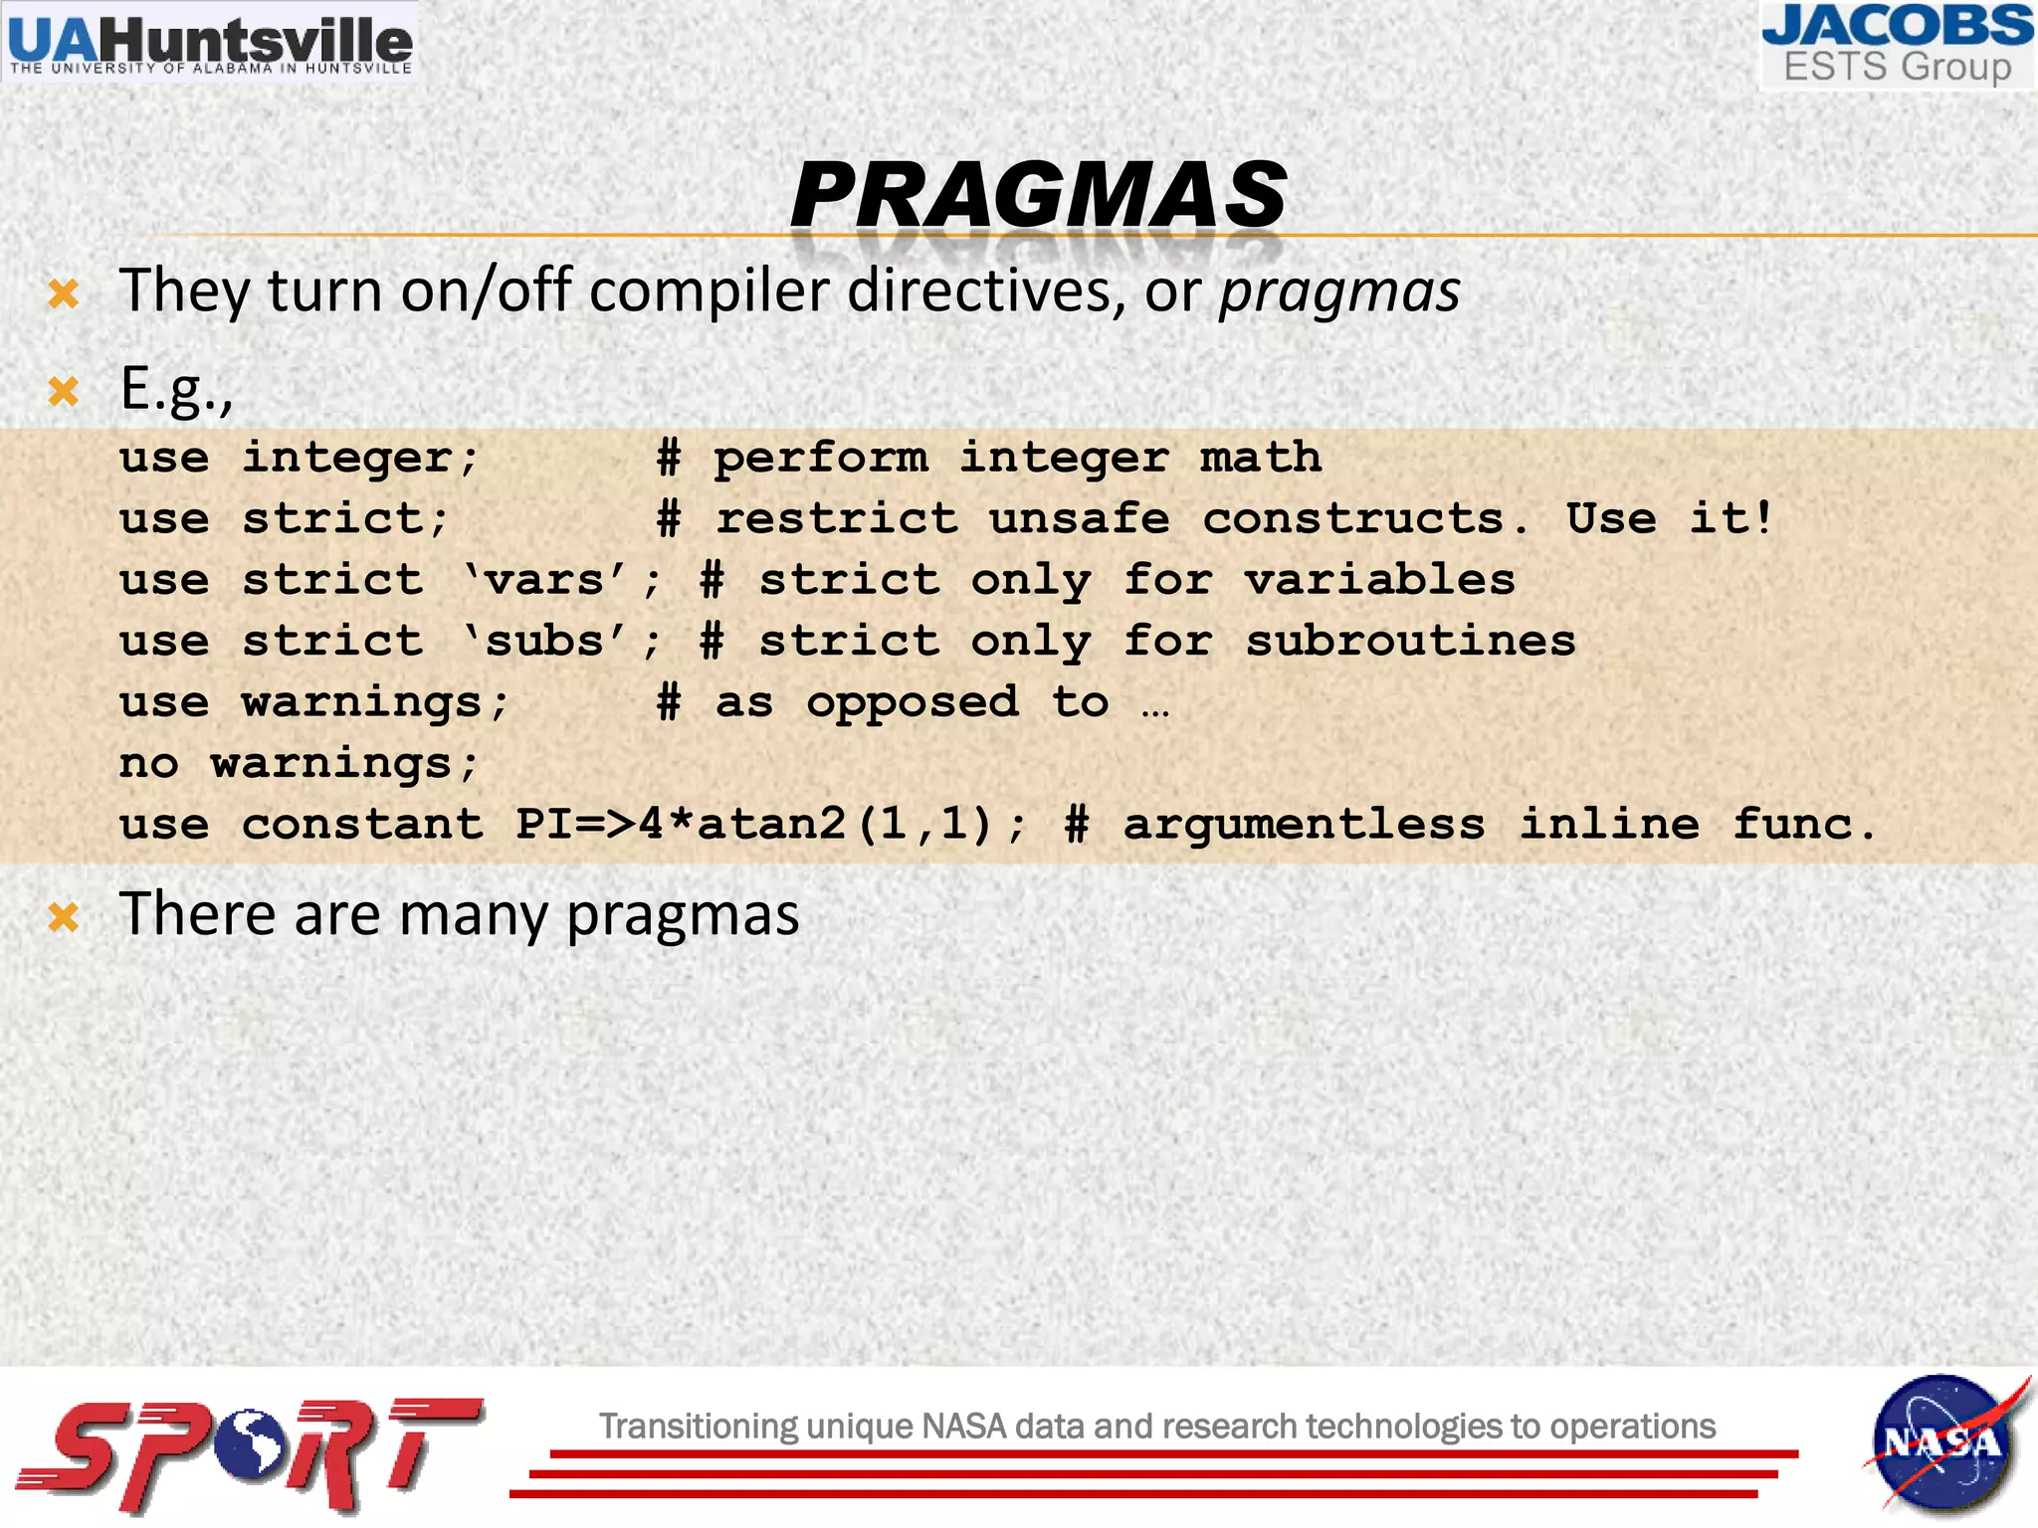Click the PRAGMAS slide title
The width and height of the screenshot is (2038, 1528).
click(x=1038, y=195)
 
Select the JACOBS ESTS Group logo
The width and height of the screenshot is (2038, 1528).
click(x=1898, y=46)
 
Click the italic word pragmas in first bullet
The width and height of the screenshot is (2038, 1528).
click(x=1339, y=291)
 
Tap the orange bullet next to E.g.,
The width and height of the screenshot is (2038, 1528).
click(x=64, y=391)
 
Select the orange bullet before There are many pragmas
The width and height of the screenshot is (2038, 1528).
click(x=64, y=916)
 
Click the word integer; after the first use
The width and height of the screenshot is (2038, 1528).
click(x=360, y=459)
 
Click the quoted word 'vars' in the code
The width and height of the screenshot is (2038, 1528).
click(x=545, y=580)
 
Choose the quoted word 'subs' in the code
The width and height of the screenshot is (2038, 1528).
click(x=545, y=642)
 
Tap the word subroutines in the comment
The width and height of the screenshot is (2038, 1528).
click(x=1410, y=642)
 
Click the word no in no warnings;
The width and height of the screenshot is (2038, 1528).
click(x=149, y=764)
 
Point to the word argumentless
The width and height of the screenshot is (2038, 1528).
click(x=1304, y=825)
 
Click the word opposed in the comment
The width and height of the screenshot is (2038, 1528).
click(x=913, y=703)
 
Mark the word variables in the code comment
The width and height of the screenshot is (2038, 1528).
click(x=1379, y=580)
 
